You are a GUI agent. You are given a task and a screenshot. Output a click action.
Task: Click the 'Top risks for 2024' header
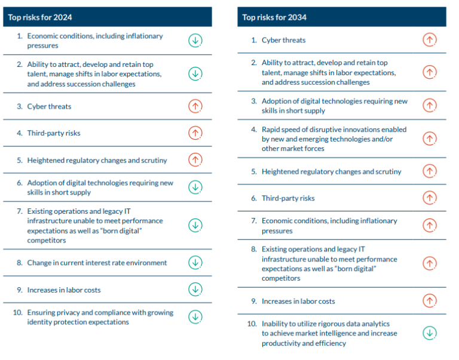pyautogui.click(x=40, y=17)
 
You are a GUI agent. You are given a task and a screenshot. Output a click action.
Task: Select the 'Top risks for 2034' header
pyautogui.click(x=274, y=17)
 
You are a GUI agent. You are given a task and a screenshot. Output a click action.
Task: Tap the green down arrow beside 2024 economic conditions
pyautogui.click(x=195, y=41)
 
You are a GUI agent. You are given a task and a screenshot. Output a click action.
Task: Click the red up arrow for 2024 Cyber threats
pyautogui.click(x=195, y=106)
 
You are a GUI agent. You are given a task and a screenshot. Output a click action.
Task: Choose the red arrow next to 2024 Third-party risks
pyautogui.click(x=195, y=133)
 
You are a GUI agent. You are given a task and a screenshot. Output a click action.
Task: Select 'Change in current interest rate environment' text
pyautogui.click(x=97, y=263)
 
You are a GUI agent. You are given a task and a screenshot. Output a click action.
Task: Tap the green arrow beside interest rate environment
pyautogui.click(x=195, y=263)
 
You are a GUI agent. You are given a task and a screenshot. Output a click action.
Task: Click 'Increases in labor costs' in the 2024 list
pyautogui.click(x=63, y=290)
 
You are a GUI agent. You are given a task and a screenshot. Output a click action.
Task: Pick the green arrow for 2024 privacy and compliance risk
pyautogui.click(x=195, y=317)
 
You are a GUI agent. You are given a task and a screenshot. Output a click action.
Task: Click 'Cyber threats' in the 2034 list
pyautogui.click(x=283, y=40)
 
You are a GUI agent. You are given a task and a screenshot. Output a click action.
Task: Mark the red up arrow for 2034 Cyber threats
pyautogui.click(x=429, y=40)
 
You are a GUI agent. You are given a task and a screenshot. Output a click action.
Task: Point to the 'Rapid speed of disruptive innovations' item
pyautogui.click(x=333, y=139)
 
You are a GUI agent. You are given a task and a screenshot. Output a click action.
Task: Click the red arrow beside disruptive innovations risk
pyautogui.click(x=429, y=139)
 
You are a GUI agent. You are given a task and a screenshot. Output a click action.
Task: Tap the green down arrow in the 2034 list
pyautogui.click(x=429, y=333)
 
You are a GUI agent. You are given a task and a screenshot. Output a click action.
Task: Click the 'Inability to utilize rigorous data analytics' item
pyautogui.click(x=329, y=333)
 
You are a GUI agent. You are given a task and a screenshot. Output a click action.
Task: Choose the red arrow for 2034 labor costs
pyautogui.click(x=429, y=301)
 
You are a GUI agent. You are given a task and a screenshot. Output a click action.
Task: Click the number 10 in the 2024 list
pyautogui.click(x=17, y=313)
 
